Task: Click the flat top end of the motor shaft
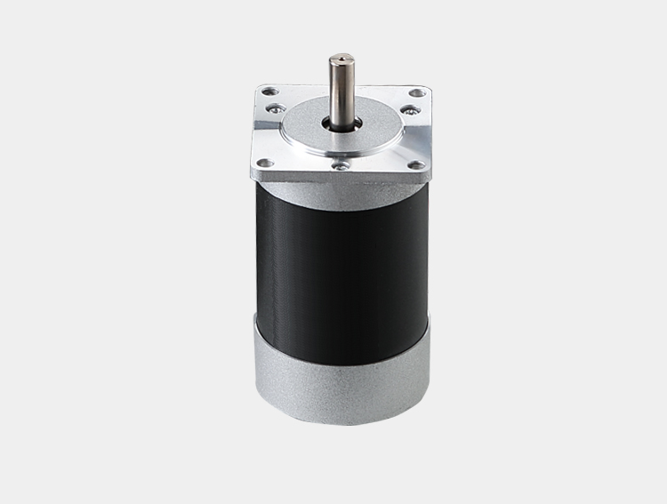pyautogui.click(x=339, y=60)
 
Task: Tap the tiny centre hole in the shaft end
pyautogui.click(x=339, y=60)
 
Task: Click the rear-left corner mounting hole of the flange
pyautogui.click(x=265, y=91)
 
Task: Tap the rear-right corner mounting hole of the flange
pyautogui.click(x=415, y=92)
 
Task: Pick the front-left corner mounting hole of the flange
pyautogui.click(x=263, y=164)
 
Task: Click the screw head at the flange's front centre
pyautogui.click(x=339, y=164)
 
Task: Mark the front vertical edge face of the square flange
pyautogui.click(x=339, y=178)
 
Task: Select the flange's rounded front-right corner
pyautogui.click(x=424, y=172)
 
